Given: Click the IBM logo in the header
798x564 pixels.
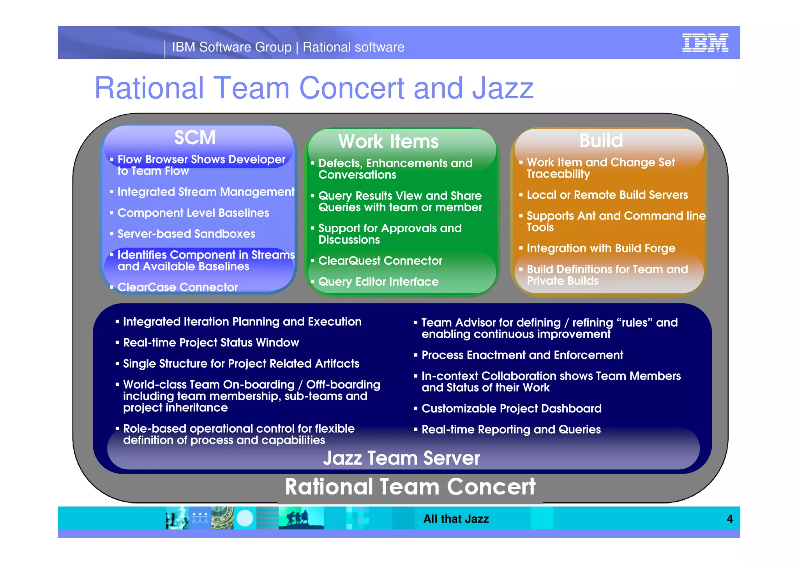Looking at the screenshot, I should click(x=705, y=43).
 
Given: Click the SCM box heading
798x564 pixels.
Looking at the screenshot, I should click(x=195, y=138).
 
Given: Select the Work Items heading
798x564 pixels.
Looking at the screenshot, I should click(x=388, y=141).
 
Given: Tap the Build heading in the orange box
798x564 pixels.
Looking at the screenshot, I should click(x=601, y=140).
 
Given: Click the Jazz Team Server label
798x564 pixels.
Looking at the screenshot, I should click(x=401, y=458).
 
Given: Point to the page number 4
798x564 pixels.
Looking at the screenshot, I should click(x=729, y=519).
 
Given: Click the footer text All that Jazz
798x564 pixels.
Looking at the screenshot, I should click(x=456, y=519).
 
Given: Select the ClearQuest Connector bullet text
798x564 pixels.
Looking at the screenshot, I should click(x=380, y=261).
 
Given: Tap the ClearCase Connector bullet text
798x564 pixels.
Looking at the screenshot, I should click(x=177, y=287).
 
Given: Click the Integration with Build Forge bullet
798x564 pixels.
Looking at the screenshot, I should click(x=601, y=248).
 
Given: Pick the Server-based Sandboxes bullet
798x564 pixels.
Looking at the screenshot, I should click(x=186, y=234).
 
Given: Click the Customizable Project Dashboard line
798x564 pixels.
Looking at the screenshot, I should click(x=511, y=408).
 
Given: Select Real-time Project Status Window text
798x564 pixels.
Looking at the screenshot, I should click(x=211, y=343).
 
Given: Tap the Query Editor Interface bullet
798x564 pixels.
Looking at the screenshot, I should click(x=378, y=282).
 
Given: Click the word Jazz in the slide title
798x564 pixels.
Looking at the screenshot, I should click(x=503, y=88).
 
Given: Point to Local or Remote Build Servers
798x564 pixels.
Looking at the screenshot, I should click(x=607, y=195).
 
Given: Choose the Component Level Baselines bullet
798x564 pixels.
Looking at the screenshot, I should click(x=193, y=213).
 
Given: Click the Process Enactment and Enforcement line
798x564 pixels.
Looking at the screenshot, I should click(x=522, y=355).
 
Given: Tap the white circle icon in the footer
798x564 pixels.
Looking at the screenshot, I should click(x=245, y=518).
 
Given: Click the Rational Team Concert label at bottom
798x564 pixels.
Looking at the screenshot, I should click(x=410, y=487).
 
